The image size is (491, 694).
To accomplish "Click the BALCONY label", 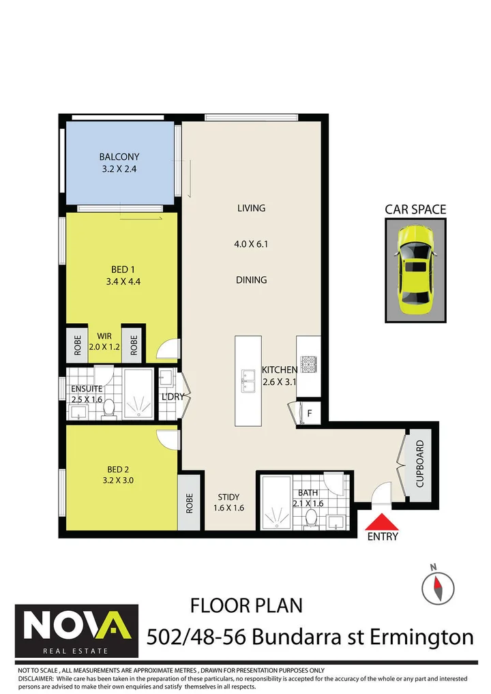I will point(119,157).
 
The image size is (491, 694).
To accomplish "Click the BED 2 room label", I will point(118,469).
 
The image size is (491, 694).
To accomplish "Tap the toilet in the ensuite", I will point(107,408).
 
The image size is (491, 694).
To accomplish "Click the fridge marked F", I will point(309,412).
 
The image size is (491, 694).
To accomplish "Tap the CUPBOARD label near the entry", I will point(420,464).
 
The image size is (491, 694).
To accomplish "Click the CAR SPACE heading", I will point(415,209).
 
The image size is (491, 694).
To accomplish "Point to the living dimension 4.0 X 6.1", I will point(252,243).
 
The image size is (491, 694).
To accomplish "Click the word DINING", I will point(252,280).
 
